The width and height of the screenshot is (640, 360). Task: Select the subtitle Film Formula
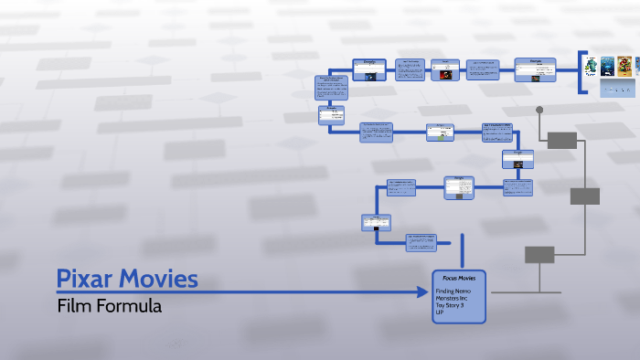[109, 307]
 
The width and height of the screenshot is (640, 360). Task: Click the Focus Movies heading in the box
[458, 277]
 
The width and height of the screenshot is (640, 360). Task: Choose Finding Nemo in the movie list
[453, 291]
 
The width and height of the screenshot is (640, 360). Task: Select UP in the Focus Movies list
[440, 313]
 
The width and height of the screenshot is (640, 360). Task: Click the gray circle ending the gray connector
[539, 111]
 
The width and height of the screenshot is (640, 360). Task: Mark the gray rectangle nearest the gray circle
[562, 140]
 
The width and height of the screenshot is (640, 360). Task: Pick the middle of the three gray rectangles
[585, 196]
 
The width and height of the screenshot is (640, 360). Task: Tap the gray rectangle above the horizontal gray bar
[539, 255]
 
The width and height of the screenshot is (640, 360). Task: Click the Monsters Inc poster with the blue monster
[592, 66]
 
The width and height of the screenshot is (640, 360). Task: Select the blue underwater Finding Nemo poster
[607, 66]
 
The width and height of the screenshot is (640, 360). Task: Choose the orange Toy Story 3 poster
[624, 66]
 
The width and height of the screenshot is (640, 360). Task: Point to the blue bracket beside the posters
[581, 73]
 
